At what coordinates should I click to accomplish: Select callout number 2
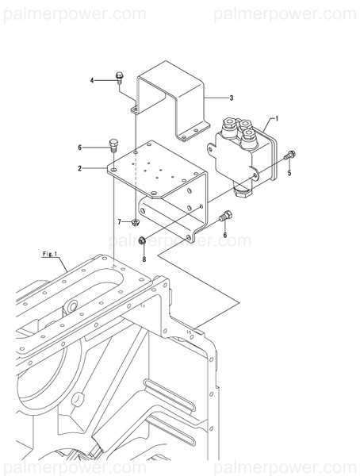pos(80,168)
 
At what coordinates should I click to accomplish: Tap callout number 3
pos(231,98)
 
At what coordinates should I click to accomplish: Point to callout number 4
pos(92,81)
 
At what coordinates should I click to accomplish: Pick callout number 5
pos(289,172)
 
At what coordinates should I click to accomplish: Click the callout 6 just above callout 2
pos(80,148)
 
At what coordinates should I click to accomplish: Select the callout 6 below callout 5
pos(225,235)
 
